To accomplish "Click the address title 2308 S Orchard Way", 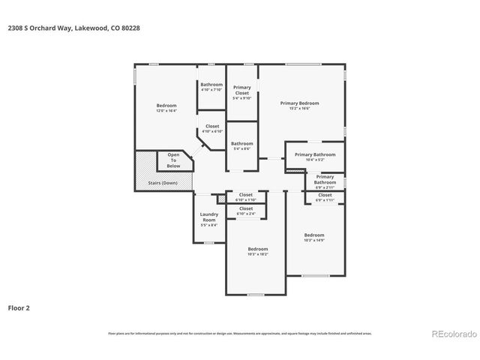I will (x=73, y=28).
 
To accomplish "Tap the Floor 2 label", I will (x=19, y=307).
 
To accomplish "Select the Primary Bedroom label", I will (x=299, y=103).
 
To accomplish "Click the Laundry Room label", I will (x=208, y=217).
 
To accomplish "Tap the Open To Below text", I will (x=173, y=160).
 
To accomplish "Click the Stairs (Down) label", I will (x=163, y=182).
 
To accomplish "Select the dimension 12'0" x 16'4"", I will (x=166, y=110).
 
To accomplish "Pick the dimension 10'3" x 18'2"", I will (x=257, y=253).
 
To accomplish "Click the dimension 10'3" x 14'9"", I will (x=314, y=240).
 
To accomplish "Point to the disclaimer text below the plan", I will (x=240, y=333).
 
